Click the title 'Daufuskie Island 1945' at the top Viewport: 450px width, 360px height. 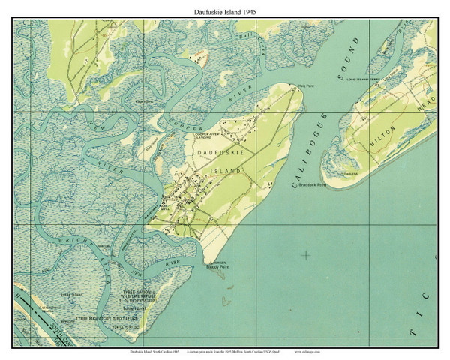point(224,8)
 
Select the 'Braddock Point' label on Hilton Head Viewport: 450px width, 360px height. point(312,184)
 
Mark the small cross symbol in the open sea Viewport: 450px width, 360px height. point(305,256)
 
